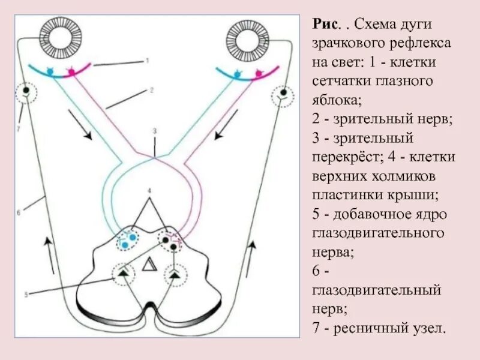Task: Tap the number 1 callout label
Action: click(x=146, y=61)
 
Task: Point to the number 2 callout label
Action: click(x=152, y=90)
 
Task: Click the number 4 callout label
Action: click(x=151, y=191)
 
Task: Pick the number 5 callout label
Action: click(x=26, y=294)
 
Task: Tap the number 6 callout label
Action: click(x=19, y=212)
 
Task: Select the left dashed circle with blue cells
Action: click(x=126, y=239)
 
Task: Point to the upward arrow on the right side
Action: click(x=253, y=251)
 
